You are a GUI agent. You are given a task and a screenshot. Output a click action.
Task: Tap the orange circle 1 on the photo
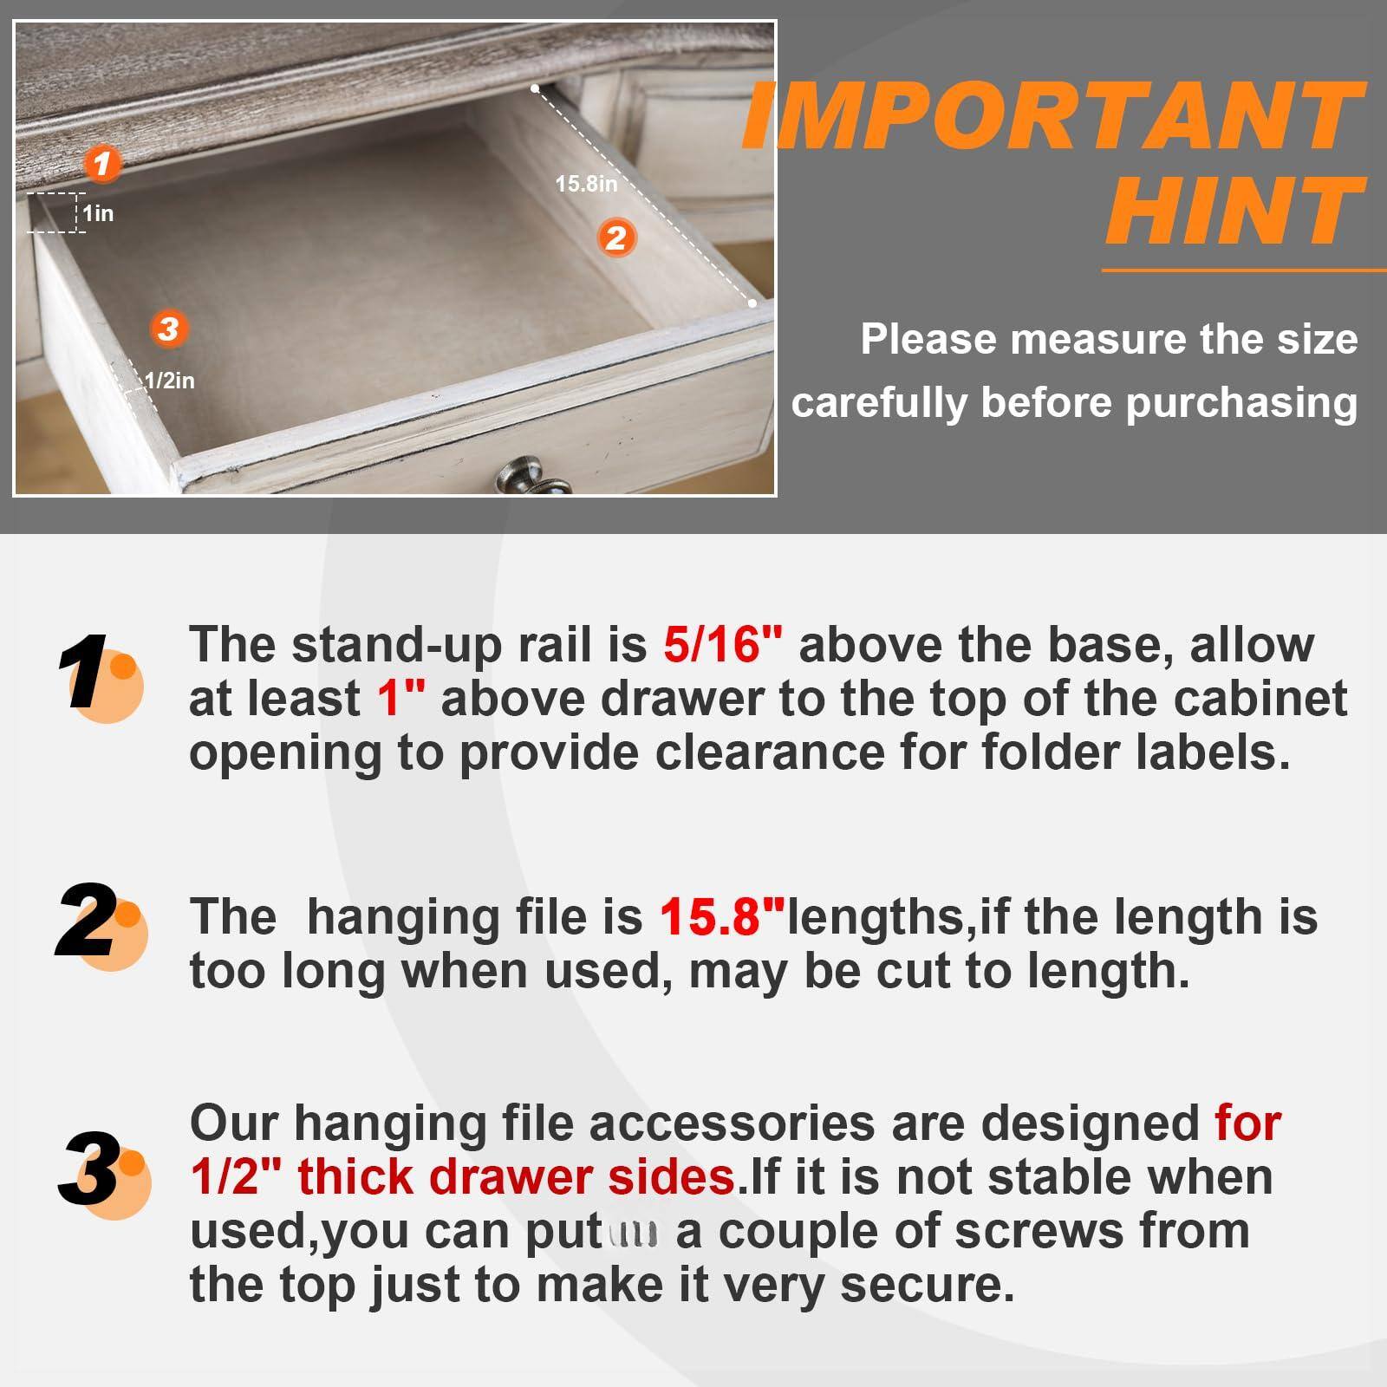click(103, 163)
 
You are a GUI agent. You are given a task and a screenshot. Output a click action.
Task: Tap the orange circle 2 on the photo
click(616, 237)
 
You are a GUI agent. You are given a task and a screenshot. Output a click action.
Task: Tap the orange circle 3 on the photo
click(168, 329)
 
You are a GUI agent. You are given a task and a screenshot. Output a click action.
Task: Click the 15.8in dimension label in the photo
click(586, 184)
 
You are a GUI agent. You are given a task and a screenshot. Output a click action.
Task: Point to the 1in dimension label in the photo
click(98, 213)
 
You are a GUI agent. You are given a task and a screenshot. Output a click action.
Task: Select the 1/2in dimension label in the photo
click(169, 381)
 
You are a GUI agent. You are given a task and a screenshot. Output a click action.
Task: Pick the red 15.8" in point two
click(722, 917)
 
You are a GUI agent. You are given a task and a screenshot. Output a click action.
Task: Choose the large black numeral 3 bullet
click(90, 1170)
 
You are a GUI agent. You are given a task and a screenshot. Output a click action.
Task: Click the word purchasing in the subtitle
click(1241, 403)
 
